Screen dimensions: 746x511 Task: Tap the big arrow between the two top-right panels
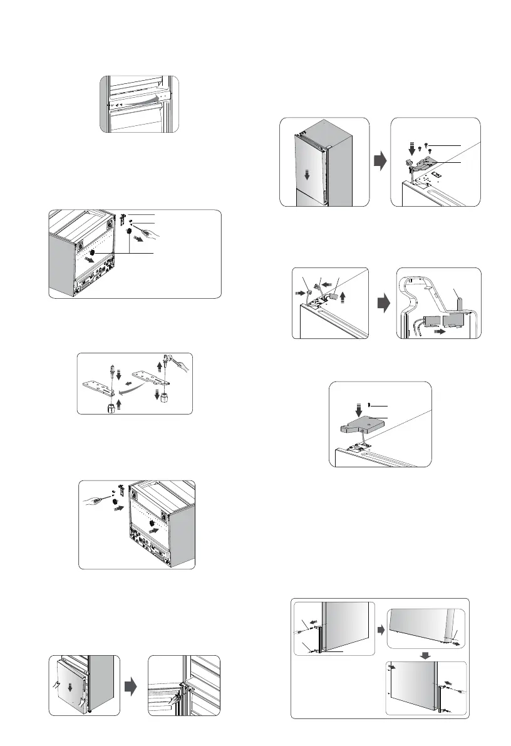pyautogui.click(x=379, y=161)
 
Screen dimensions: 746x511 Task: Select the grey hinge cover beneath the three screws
pyautogui.click(x=426, y=162)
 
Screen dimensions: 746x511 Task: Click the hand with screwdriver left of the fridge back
pyautogui.click(x=95, y=494)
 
